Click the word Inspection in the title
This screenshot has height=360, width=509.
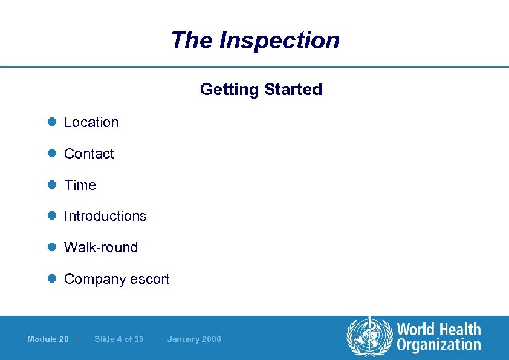[x=279, y=41]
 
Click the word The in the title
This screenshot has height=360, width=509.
[x=192, y=41]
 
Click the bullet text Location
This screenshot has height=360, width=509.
[x=91, y=122]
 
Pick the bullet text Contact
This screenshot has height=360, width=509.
[x=89, y=154]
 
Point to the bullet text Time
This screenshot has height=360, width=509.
[x=80, y=185]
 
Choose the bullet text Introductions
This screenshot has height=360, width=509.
[x=105, y=216]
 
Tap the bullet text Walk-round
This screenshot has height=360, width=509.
[x=101, y=247]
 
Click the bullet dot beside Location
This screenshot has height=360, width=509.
[x=52, y=122]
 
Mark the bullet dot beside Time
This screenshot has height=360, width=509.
[x=52, y=185]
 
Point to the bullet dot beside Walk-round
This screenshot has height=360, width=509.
[x=52, y=247]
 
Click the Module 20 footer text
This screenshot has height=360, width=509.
[x=48, y=339]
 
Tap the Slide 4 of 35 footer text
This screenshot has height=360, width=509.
[x=119, y=339]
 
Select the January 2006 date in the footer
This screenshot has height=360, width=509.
[x=194, y=339]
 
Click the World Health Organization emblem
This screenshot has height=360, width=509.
[x=369, y=337]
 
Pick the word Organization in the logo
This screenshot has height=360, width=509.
[x=438, y=345]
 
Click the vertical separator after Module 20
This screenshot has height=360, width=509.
[x=80, y=338]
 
